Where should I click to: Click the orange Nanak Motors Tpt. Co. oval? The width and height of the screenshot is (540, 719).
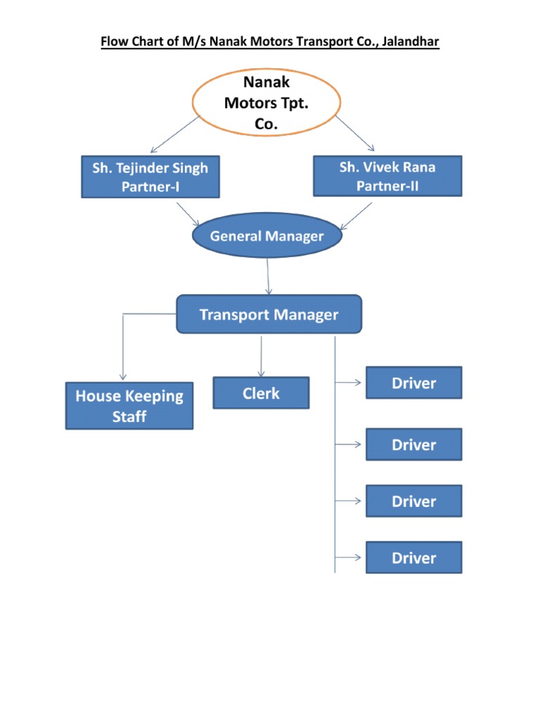pyautogui.click(x=266, y=104)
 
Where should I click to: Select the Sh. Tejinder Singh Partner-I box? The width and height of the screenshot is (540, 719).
pyautogui.click(x=150, y=177)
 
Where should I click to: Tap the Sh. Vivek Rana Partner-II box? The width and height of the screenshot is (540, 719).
pyautogui.click(x=387, y=176)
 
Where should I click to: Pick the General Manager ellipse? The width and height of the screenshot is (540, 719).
pyautogui.click(x=266, y=237)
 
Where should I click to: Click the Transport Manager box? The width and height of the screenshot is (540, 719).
pyautogui.click(x=269, y=314)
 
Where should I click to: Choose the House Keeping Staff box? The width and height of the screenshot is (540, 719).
pyautogui.click(x=129, y=406)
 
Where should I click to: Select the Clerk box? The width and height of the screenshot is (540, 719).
pyautogui.click(x=261, y=393)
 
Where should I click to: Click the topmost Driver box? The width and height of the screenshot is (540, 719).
pyautogui.click(x=413, y=383)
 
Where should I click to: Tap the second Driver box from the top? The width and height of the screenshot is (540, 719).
pyautogui.click(x=413, y=444)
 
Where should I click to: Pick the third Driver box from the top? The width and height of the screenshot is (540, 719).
pyautogui.click(x=413, y=501)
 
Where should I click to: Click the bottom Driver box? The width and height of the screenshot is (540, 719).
pyautogui.click(x=413, y=558)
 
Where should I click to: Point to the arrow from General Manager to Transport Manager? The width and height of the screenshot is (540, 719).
pyautogui.click(x=268, y=277)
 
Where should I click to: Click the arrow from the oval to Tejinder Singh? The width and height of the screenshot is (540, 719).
pyautogui.click(x=176, y=134)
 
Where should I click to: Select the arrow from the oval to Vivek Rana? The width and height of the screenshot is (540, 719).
pyautogui.click(x=355, y=133)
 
